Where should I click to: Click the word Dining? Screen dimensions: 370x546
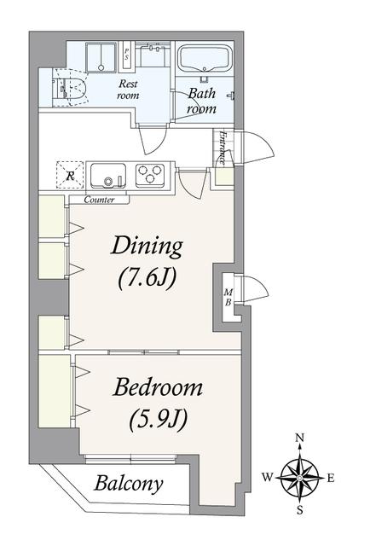(147, 247)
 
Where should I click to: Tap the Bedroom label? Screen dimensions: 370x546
(158, 387)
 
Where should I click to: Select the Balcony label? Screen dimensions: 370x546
(129, 484)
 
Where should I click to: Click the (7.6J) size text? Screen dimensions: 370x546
(147, 279)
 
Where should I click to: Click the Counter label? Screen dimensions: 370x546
(99, 200)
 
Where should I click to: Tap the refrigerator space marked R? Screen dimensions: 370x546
(70, 175)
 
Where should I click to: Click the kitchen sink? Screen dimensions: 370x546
(108, 176)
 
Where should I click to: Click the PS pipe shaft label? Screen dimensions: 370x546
(126, 55)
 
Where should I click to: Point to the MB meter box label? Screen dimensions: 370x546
(228, 298)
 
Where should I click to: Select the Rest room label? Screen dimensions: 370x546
(128, 90)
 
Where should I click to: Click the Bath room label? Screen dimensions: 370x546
(202, 101)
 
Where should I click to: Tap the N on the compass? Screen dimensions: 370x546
(300, 438)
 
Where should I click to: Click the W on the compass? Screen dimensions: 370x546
(268, 478)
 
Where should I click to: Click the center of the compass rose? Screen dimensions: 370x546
(300, 477)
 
